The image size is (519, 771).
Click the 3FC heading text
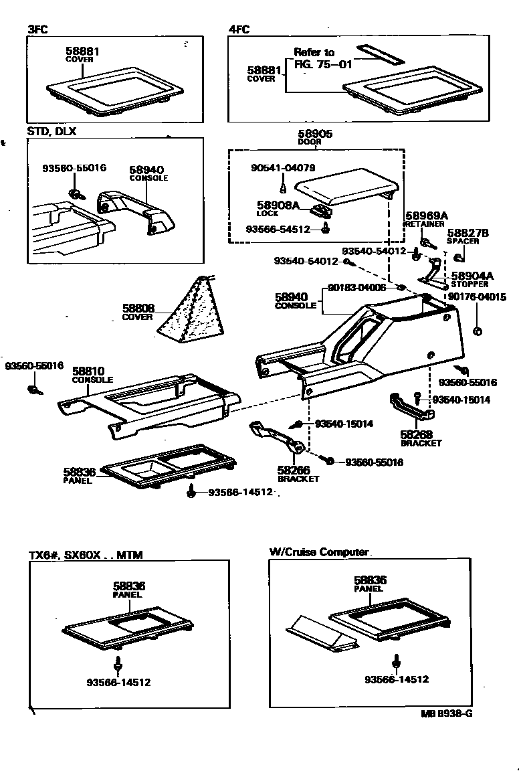37,29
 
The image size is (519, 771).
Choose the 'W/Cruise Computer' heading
319,552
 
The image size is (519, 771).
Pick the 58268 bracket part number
416,434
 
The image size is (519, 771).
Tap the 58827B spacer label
468,232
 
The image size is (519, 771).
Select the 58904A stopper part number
472,275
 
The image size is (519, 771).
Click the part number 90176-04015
477,296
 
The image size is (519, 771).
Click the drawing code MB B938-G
446,713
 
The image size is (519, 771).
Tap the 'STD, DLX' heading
51,131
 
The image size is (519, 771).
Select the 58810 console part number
88,371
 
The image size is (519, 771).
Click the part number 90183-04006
356,288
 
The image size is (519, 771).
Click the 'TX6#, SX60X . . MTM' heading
86,555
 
